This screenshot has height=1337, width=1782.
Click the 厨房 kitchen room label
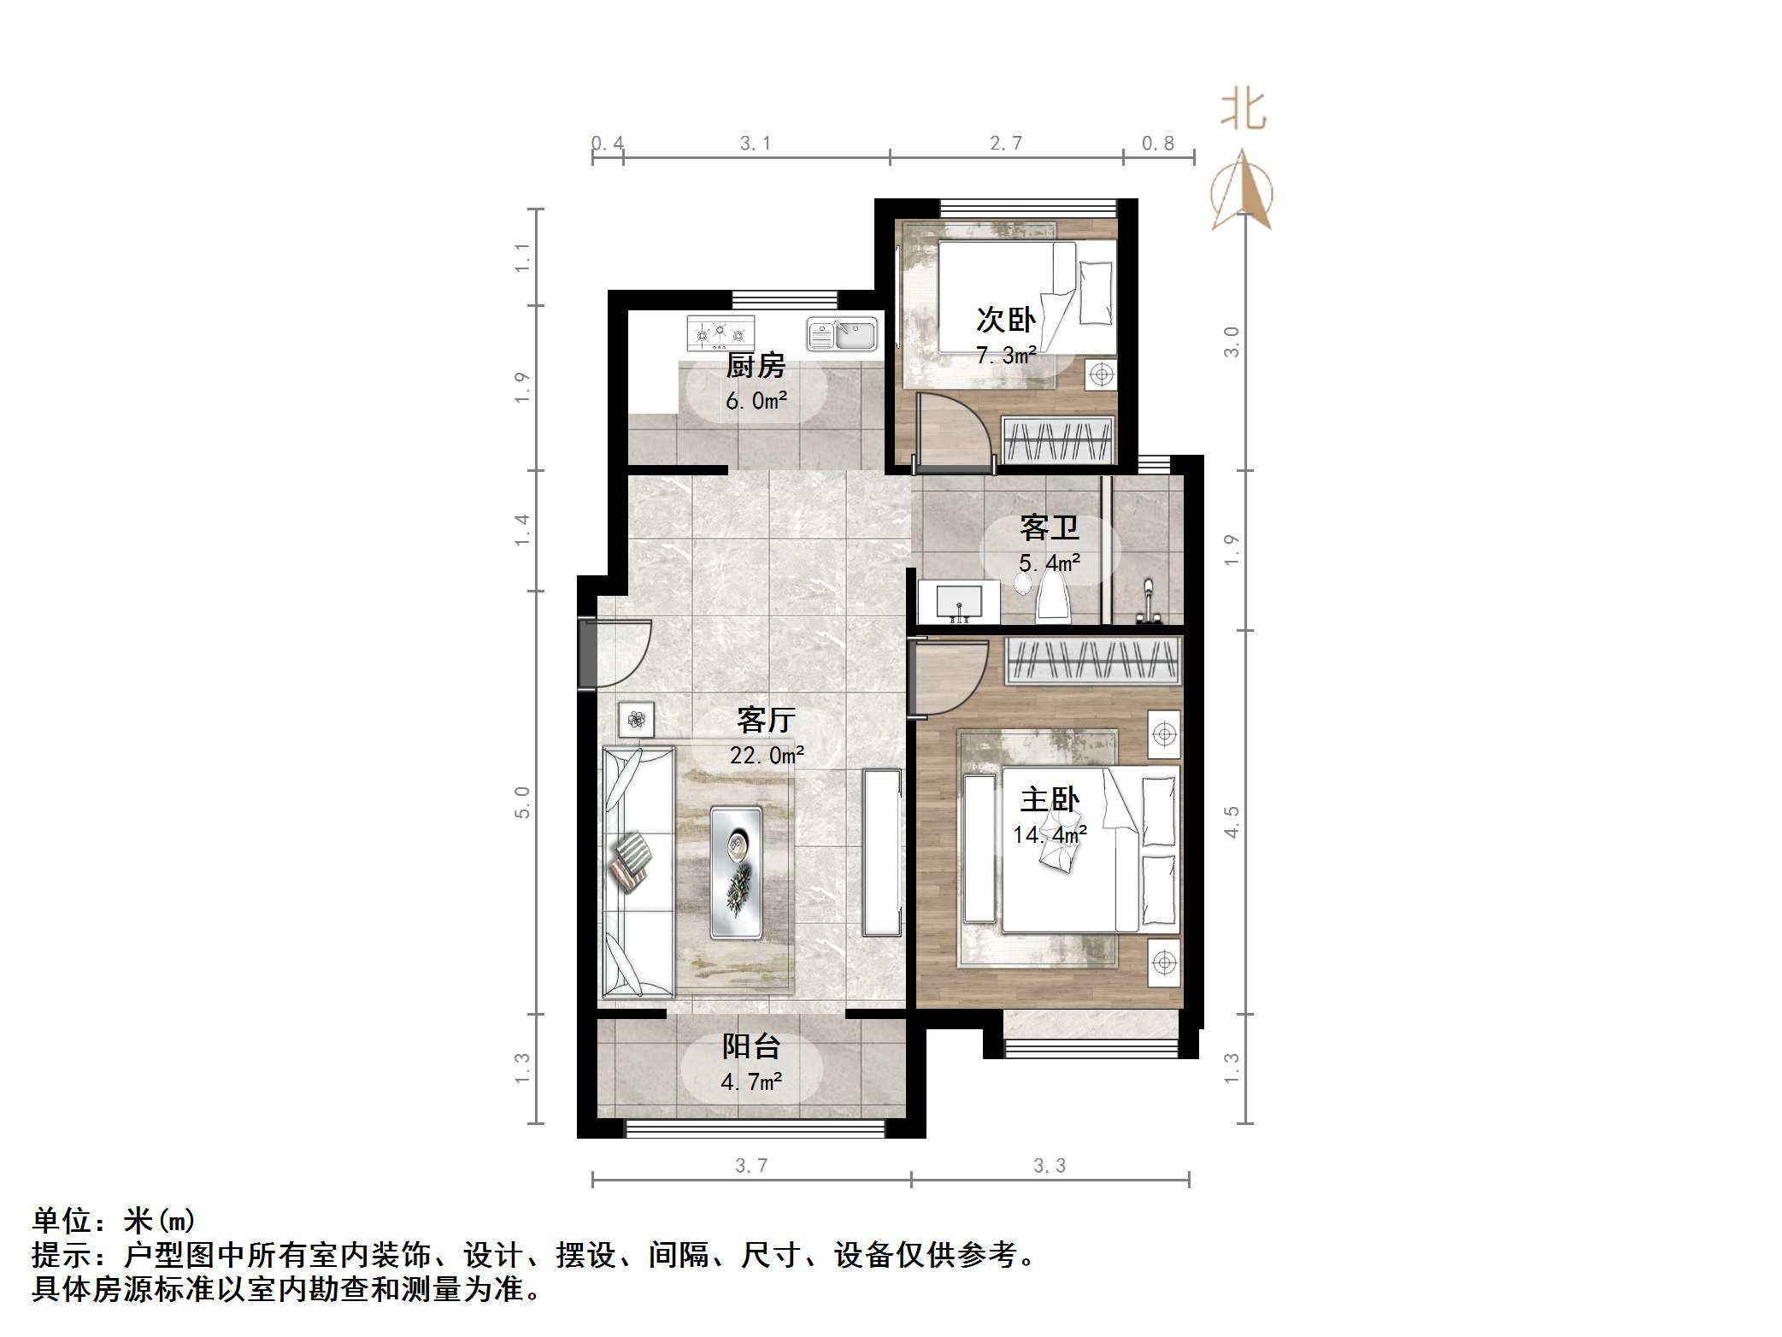(x=756, y=367)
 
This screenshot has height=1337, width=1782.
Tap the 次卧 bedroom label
(x=1006, y=321)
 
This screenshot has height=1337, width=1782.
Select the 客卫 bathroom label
(x=1050, y=528)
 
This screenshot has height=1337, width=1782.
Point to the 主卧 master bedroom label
(x=1050, y=800)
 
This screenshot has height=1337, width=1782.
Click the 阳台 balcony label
(x=751, y=1046)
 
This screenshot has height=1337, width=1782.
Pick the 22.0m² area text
(x=767, y=755)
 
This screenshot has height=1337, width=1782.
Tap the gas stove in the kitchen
(x=720, y=333)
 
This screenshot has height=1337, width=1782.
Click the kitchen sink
(x=842, y=334)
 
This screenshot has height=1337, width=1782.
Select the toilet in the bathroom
(x=1052, y=595)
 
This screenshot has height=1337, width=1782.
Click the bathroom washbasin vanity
(x=958, y=602)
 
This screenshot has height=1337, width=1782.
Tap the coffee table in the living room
(x=736, y=872)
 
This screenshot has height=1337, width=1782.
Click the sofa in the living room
(x=638, y=872)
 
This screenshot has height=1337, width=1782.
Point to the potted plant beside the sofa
(x=636, y=719)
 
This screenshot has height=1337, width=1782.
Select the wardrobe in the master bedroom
(x=1092, y=661)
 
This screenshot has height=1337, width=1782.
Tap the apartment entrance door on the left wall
(x=591, y=654)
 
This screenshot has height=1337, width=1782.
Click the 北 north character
(x=1243, y=111)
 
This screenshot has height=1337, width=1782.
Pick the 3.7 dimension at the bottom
(x=751, y=1165)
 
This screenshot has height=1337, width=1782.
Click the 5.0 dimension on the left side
(x=522, y=803)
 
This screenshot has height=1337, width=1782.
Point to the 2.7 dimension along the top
(x=1006, y=143)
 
